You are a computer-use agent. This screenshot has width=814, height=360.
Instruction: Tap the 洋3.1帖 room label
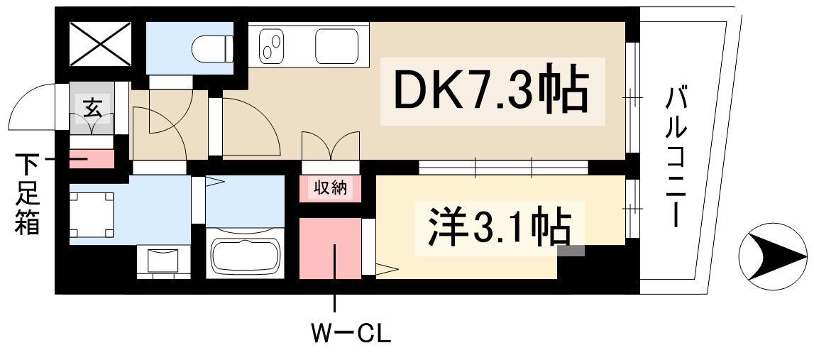tap(499, 226)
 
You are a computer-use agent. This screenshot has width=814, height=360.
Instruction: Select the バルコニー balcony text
tap(678, 156)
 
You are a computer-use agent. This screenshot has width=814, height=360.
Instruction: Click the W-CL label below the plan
tap(351, 333)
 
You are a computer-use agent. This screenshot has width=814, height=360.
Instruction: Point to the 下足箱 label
tap(28, 196)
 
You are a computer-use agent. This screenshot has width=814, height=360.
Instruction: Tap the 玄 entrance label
tap(92, 109)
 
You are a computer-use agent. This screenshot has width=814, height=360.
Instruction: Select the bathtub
tap(244, 255)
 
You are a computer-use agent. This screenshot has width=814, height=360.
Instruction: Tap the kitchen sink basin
tap(338, 47)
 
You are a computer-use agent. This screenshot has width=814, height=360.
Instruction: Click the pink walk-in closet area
tap(329, 248)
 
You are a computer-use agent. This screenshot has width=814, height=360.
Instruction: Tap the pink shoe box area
tap(92, 158)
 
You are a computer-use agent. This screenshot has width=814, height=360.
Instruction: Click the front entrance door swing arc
tap(32, 107)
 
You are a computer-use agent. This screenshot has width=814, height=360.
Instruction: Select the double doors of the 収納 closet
tap(330, 147)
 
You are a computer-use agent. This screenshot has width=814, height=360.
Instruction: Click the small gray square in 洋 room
tap(571, 250)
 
